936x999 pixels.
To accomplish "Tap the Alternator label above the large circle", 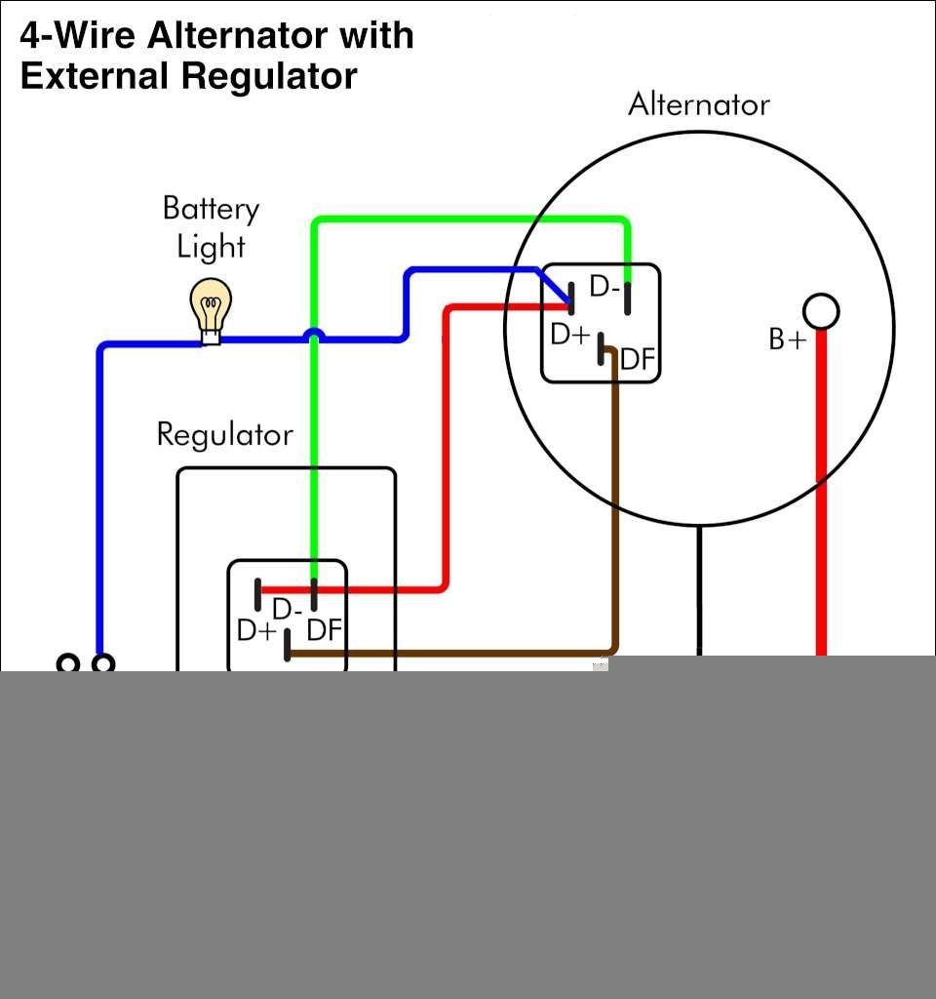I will [x=698, y=104].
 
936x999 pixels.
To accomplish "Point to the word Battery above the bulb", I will [x=211, y=209].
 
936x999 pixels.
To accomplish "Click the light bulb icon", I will [x=211, y=307].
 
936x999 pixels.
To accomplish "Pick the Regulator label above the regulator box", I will [x=224, y=434].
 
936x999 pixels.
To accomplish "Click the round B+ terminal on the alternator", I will [x=821, y=311].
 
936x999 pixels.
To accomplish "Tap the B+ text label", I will [x=788, y=340].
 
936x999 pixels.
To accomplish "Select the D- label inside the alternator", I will [x=604, y=288].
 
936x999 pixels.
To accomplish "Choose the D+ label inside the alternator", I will [x=570, y=335].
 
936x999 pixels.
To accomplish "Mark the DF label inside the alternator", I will [x=638, y=360].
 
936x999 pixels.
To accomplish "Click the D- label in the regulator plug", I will [x=287, y=610].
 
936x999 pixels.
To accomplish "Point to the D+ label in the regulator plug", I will [x=256, y=631].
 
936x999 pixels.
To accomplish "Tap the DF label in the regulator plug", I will [x=325, y=630].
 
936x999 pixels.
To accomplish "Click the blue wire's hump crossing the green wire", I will [x=313, y=335].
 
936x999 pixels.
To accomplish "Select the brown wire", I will [x=614, y=507].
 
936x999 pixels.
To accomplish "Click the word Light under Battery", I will [x=211, y=247].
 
